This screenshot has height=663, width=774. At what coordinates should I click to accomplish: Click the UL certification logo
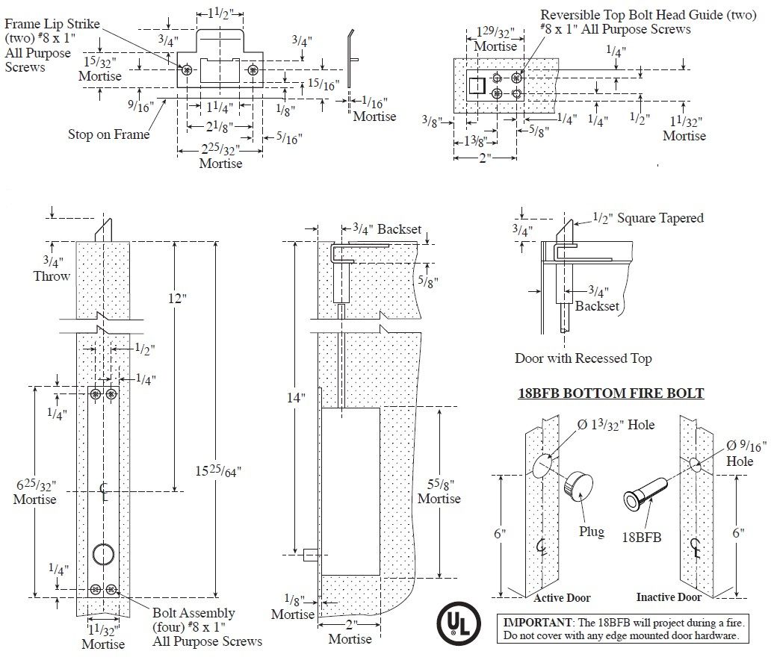point(459,623)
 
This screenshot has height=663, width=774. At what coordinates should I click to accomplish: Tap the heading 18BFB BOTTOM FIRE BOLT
point(611,393)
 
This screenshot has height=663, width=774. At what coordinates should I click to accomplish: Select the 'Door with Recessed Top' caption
point(583,358)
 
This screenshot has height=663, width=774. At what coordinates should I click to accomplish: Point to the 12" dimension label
point(177,299)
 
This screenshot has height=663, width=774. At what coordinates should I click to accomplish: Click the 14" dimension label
point(296,397)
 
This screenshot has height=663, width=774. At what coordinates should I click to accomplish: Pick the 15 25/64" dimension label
point(217,471)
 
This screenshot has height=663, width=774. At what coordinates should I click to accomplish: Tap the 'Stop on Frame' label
point(108,134)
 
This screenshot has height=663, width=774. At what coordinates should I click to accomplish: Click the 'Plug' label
point(592,532)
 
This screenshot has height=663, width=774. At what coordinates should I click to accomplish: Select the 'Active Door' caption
point(562,598)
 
